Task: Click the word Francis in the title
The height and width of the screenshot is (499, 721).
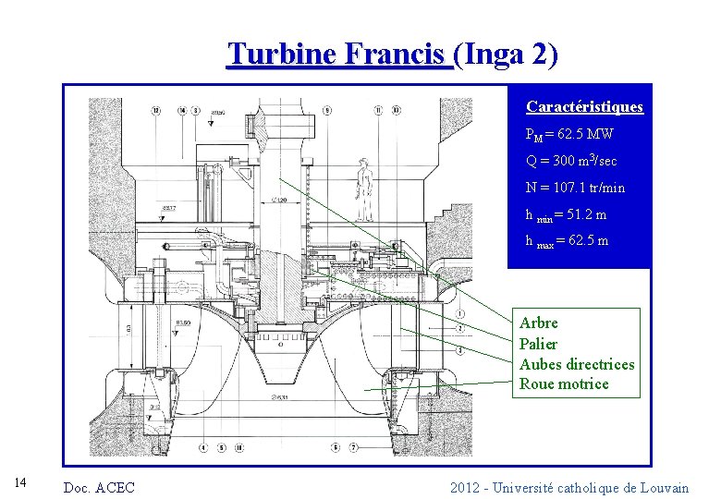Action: coord(398,55)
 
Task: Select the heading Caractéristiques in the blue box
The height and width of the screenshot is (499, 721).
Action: coord(584,107)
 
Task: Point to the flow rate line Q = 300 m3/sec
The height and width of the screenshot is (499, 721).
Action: coord(571,161)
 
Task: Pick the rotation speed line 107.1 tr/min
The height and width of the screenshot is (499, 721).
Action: coord(575,188)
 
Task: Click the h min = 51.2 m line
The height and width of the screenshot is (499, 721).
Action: coord(566,214)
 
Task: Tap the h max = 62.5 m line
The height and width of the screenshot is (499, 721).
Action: coord(567,241)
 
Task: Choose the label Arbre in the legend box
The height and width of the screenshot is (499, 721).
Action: coord(539,323)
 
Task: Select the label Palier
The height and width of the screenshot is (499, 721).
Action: coord(539,344)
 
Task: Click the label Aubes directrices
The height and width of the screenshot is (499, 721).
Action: coord(577,364)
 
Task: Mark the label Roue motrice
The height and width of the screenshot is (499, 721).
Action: coord(564,384)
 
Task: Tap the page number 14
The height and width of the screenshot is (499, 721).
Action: coord(24,481)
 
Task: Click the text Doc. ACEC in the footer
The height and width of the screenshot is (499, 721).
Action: coord(98,487)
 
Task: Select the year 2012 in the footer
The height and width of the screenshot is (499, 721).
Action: coord(464,487)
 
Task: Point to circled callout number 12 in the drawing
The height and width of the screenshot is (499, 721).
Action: coord(155,111)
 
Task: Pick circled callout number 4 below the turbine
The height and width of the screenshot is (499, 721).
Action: coord(202,448)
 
